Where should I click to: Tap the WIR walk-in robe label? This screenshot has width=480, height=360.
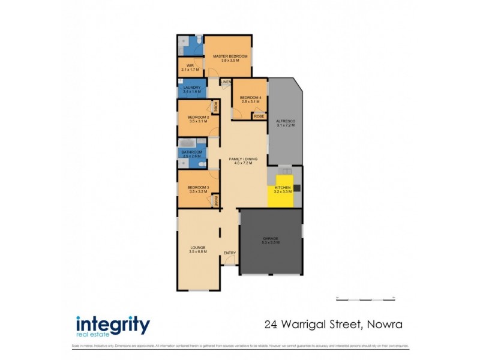(190, 65)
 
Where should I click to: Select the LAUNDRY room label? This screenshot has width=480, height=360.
(191, 88)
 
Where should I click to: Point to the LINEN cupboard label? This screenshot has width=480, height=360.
(226, 82)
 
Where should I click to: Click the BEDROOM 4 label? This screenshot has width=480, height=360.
(250, 97)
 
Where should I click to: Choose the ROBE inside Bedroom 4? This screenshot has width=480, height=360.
(259, 116)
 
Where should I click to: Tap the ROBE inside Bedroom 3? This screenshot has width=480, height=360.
(215, 201)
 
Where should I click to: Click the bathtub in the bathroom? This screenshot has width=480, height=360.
(185, 144)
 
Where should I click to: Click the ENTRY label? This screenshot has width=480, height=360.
(230, 253)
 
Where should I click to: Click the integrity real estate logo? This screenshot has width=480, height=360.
(113, 326)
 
